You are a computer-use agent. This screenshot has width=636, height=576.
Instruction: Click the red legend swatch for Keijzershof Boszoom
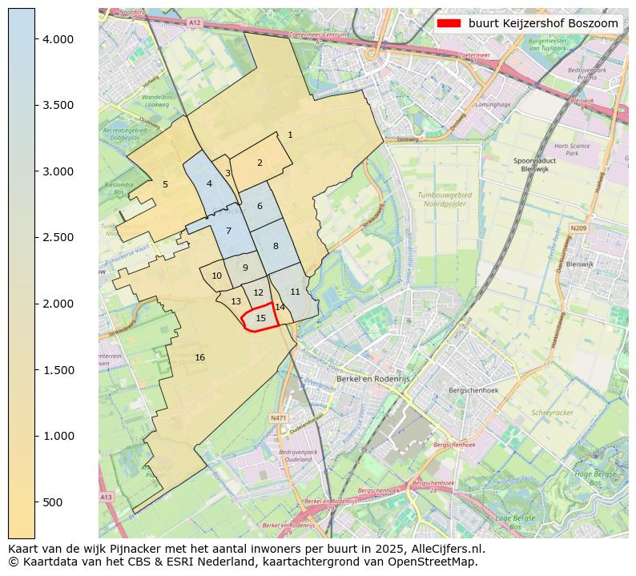(449, 24)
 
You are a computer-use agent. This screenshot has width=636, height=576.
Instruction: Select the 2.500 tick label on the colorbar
(63, 238)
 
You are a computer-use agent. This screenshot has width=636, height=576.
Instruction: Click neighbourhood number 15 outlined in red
(260, 318)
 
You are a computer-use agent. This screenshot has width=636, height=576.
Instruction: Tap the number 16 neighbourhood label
(199, 357)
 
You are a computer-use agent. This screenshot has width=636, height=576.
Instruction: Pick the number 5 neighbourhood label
(165, 184)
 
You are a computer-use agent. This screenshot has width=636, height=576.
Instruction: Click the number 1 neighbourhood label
(290, 135)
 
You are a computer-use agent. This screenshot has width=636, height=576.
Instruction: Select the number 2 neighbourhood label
(260, 163)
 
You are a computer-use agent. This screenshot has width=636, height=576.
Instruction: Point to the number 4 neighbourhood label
(209, 183)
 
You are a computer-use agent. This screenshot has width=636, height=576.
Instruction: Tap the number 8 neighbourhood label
(276, 246)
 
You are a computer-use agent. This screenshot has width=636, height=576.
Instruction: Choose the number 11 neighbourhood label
(295, 292)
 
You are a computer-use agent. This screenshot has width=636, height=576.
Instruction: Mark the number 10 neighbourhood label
(216, 276)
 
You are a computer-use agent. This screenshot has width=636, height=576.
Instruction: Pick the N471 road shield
(278, 417)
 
